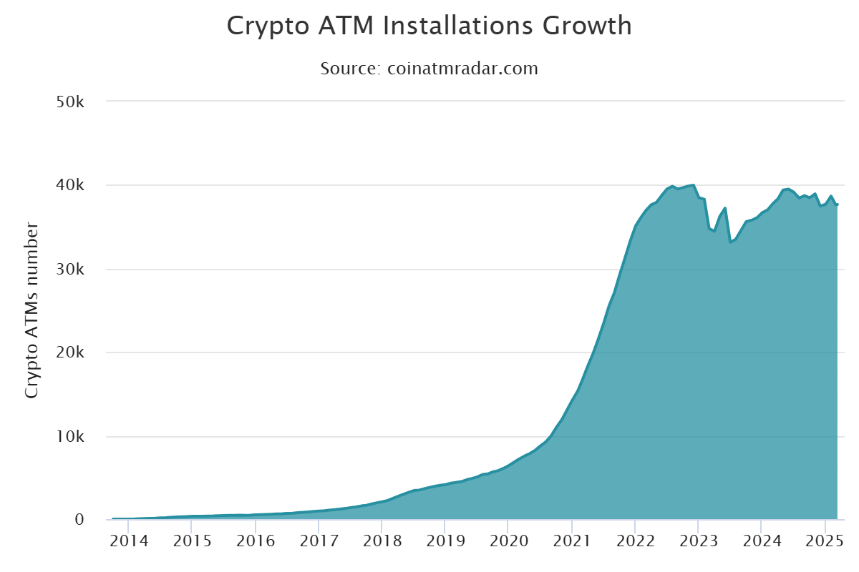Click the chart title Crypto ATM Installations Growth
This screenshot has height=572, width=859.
[429, 26]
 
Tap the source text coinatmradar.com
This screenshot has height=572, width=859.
[462, 69]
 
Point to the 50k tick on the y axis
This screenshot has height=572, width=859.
[71, 102]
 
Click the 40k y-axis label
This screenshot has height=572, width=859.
[71, 186]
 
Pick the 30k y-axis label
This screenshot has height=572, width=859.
[71, 270]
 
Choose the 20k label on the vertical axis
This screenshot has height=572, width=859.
[71, 353]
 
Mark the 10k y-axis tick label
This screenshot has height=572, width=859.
[71, 437]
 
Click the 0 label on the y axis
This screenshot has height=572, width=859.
[80, 521]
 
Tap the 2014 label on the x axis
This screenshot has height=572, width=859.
[128, 541]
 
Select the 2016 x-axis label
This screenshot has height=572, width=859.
[255, 541]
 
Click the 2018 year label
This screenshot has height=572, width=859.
[382, 541]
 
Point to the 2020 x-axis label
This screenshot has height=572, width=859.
[508, 541]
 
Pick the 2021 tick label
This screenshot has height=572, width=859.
[571, 541]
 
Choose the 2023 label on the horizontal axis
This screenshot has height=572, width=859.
[698, 541]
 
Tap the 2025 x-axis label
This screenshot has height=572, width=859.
[825, 541]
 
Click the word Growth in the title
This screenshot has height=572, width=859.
[587, 26]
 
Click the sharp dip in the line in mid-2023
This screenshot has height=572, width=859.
[730, 242]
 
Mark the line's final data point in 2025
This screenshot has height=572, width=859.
[837, 205]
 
